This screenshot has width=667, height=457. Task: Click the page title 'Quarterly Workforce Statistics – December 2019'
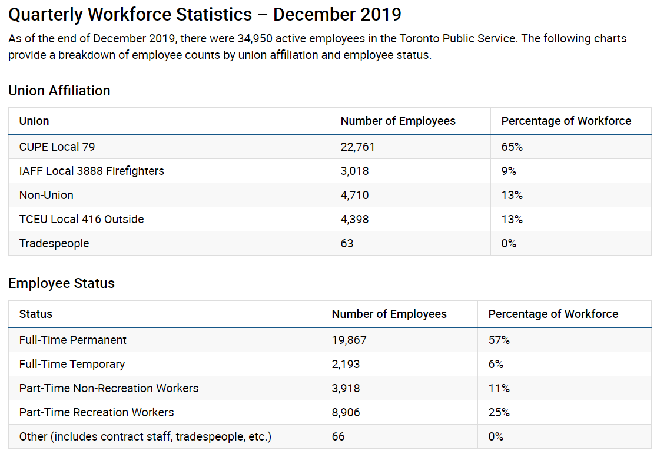[204, 15]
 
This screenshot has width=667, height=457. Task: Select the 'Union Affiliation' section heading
[59, 91]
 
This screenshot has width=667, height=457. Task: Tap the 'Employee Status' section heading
[61, 283]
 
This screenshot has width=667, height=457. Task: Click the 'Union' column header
[34, 121]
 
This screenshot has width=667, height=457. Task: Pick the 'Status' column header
[36, 314]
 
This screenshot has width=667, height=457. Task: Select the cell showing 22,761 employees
[357, 147]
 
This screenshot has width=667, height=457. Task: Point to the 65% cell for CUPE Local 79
[512, 147]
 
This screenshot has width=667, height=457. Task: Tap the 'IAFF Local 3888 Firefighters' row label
[92, 171]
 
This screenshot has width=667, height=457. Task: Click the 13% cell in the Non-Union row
[512, 195]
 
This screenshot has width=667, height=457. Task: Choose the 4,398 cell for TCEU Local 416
[355, 219]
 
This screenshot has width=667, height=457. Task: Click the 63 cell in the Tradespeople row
[347, 243]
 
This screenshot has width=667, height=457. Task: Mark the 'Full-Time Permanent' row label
[73, 340]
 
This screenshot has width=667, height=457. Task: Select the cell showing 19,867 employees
[349, 340]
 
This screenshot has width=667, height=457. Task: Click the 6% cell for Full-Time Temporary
[496, 364]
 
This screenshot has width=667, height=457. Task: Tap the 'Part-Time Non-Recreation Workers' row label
[109, 388]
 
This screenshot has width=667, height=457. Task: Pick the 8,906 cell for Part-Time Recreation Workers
[346, 412]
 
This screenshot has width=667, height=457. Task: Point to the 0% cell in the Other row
[496, 436]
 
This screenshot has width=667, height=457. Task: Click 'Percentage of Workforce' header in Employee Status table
[553, 314]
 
